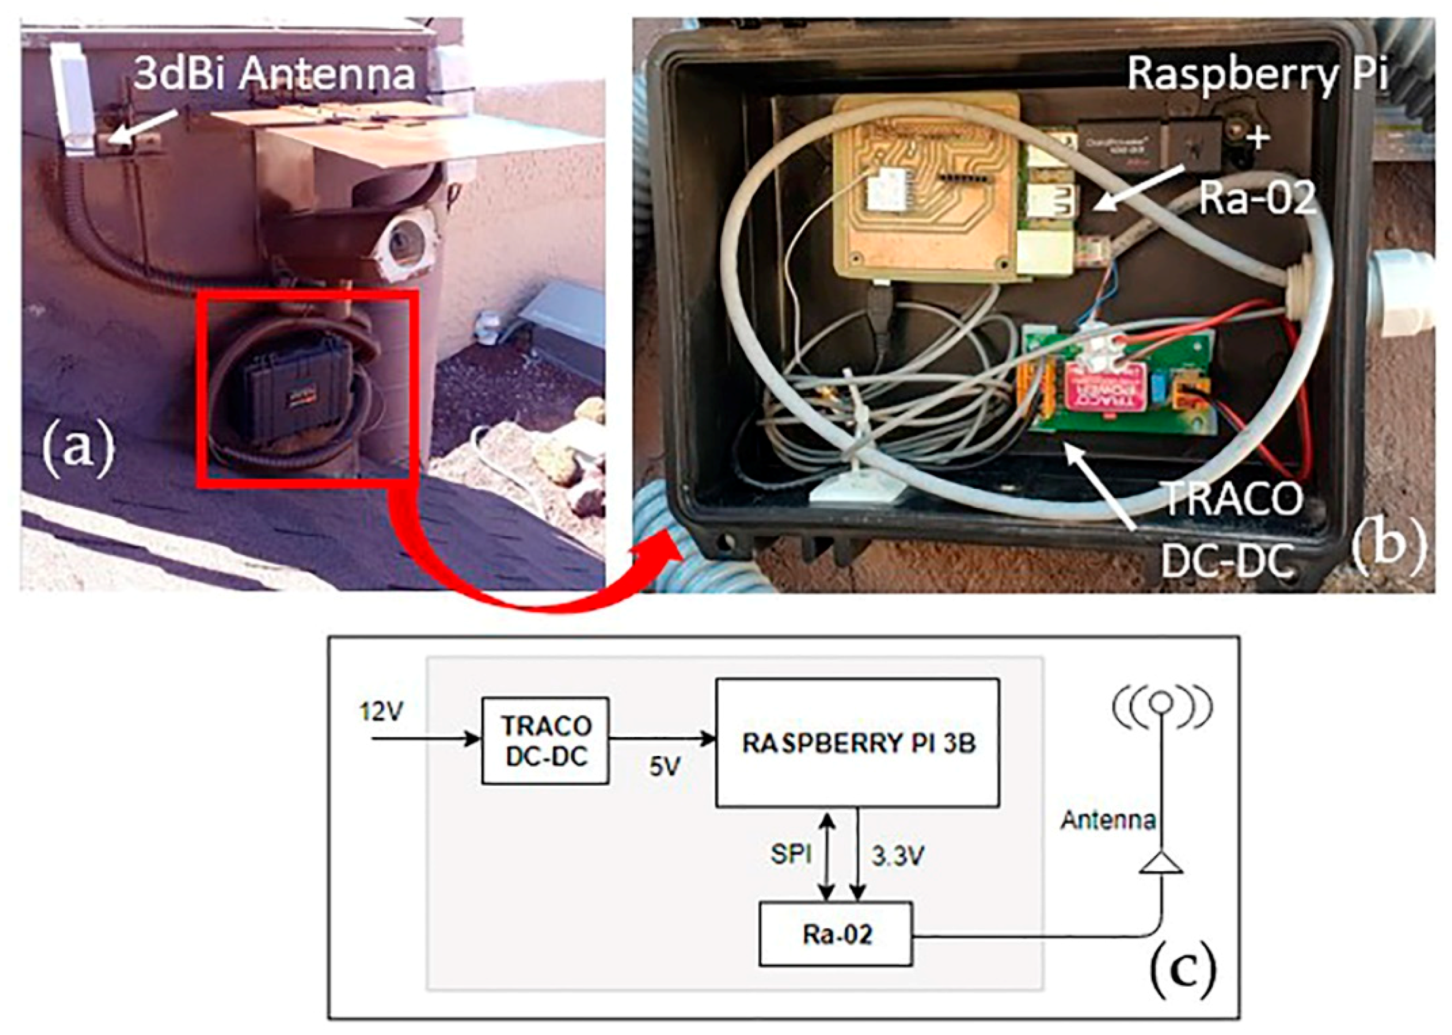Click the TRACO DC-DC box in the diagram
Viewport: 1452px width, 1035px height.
pos(545,741)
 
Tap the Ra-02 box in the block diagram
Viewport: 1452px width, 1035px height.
pos(836,934)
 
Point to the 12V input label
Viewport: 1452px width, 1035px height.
pos(381,711)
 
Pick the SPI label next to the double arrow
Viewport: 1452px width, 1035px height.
pos(791,855)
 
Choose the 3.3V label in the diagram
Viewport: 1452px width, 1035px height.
pos(898,857)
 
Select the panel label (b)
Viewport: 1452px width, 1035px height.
pos(1387,547)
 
